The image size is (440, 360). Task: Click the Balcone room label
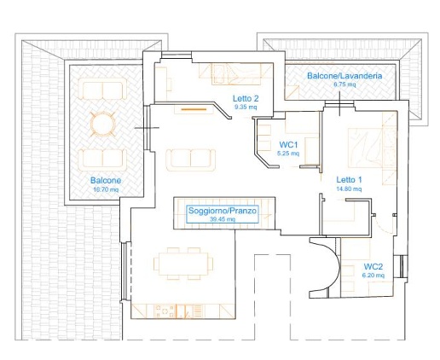tap(106, 180)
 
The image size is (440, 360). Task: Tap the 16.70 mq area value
tap(106, 189)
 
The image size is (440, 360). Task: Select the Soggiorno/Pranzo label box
tap(223, 214)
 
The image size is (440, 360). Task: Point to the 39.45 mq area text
tap(223, 219)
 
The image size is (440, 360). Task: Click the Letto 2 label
tap(246, 99)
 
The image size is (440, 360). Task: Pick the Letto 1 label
tap(349, 180)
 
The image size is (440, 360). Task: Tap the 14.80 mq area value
tap(349, 189)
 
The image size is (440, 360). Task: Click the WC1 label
tap(288, 145)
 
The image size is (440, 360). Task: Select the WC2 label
tap(373, 267)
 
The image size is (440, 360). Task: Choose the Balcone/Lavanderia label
tap(344, 76)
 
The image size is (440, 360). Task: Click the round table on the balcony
tap(103, 124)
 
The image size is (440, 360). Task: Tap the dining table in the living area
tap(183, 264)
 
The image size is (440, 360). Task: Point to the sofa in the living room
tap(191, 160)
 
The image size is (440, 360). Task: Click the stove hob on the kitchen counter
tap(165, 311)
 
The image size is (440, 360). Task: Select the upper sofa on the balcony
tap(102, 89)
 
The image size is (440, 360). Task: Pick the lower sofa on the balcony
tap(102, 160)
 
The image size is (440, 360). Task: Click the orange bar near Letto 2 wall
tap(194, 109)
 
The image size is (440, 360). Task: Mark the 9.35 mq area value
tap(246, 107)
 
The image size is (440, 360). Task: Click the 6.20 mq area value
tap(373, 276)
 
